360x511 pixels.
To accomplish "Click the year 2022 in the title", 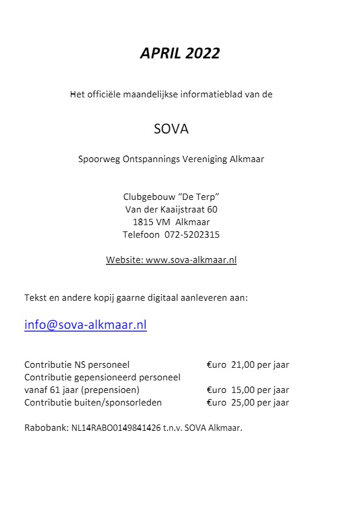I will pos(201,53).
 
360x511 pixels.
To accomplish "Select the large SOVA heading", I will pos(171,129).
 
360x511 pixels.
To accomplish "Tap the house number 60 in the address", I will pos(212,210).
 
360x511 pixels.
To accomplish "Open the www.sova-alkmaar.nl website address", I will pos(191,260).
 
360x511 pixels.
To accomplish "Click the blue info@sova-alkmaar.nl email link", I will pos(85,325).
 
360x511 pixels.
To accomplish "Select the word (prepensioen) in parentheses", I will pos(110,390).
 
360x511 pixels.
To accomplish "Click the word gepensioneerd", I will pos(101,378).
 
